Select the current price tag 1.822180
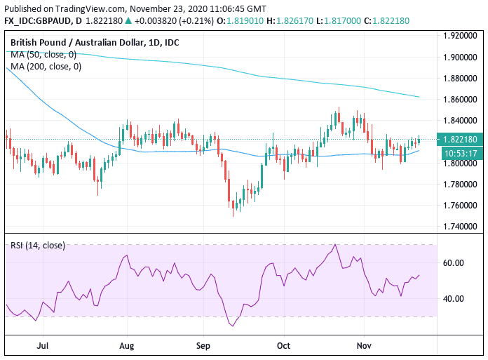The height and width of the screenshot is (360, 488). tap(459, 139)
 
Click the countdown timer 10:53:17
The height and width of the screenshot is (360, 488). tap(459, 152)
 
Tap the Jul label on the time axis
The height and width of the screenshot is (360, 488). tap(43, 345)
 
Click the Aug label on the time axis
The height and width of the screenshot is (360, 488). tap(126, 345)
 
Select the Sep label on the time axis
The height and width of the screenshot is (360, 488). tap(203, 345)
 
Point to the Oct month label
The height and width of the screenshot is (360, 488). tap(283, 345)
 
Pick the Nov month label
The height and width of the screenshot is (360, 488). tap(363, 345)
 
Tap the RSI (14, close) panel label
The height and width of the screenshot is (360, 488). tap(38, 245)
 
